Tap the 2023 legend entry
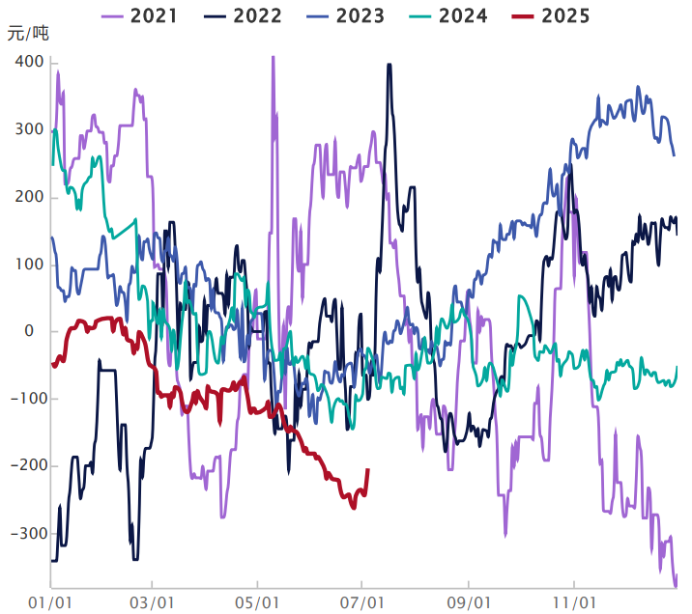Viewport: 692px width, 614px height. (x=350, y=15)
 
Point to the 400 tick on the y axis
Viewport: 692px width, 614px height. (x=29, y=62)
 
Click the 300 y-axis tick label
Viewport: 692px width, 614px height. (x=29, y=129)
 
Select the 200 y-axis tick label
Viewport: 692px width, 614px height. (x=29, y=197)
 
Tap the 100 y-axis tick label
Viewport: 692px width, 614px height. (x=29, y=264)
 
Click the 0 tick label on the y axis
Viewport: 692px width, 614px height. (x=29, y=331)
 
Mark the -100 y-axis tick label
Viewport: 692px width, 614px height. (x=24, y=399)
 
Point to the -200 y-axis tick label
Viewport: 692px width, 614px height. (x=24, y=466)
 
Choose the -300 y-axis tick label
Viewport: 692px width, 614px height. (x=24, y=534)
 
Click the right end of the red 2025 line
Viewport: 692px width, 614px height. (x=367, y=470)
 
